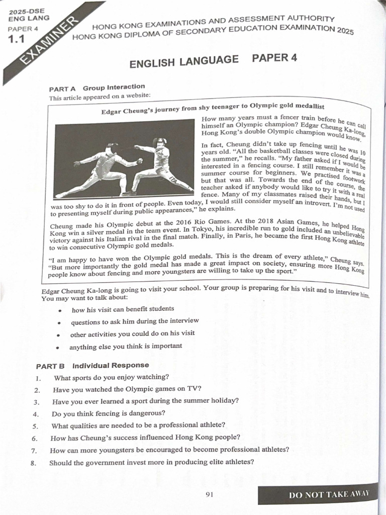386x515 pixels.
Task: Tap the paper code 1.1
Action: coord(16,39)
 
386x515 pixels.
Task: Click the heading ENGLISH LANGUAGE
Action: coord(184,62)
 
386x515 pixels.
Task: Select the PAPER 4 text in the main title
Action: coord(274,57)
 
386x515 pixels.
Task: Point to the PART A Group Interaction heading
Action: coord(97,88)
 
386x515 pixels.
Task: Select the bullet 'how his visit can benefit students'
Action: coord(123,309)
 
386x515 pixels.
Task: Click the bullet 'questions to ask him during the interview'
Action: coord(135,321)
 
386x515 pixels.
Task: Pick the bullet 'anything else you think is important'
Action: coord(126,347)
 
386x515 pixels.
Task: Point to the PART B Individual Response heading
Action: coord(92,365)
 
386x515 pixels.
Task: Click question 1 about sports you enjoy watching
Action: coord(111,377)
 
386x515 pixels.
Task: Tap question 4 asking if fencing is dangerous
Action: coord(108,413)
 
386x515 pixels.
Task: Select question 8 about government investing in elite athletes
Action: coord(151,462)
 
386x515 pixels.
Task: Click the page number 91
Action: coord(210,494)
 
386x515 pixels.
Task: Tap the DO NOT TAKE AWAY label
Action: coord(329,494)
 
